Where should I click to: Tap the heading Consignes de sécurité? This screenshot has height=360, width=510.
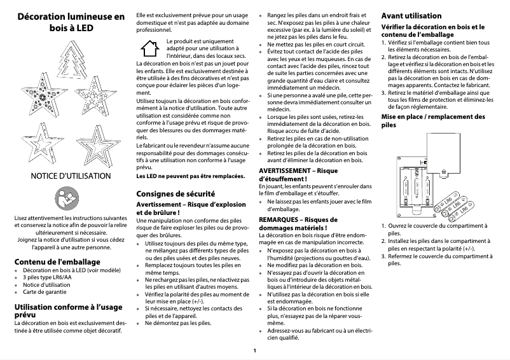pyautogui.click(x=175, y=193)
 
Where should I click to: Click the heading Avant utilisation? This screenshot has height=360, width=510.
pyautogui.click(x=410, y=15)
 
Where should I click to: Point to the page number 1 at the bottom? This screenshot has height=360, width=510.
pyautogui.click(x=254, y=350)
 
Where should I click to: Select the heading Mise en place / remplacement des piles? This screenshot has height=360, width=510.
pyautogui.click(x=432, y=121)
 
